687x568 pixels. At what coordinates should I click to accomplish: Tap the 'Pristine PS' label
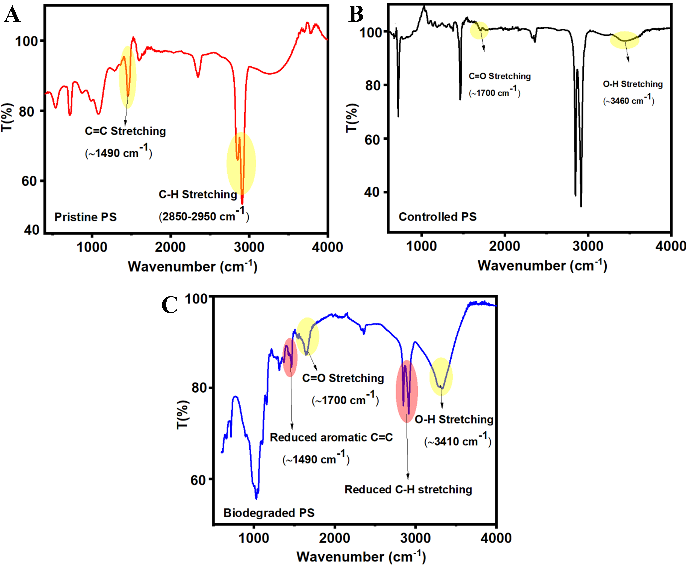(85, 217)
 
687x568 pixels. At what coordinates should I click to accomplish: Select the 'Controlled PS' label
(437, 217)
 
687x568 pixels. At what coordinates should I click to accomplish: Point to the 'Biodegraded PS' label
(269, 513)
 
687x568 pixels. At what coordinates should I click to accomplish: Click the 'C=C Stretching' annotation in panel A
(125, 131)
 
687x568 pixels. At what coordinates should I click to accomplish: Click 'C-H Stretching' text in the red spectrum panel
(198, 194)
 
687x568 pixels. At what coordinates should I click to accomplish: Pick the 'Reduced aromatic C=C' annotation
(331, 437)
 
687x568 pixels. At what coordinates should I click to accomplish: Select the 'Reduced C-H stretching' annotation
(408, 489)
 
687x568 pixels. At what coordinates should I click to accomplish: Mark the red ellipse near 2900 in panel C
(407, 391)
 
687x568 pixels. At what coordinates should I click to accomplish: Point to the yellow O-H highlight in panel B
(625, 40)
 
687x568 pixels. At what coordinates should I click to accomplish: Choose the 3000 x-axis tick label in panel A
(249, 247)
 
